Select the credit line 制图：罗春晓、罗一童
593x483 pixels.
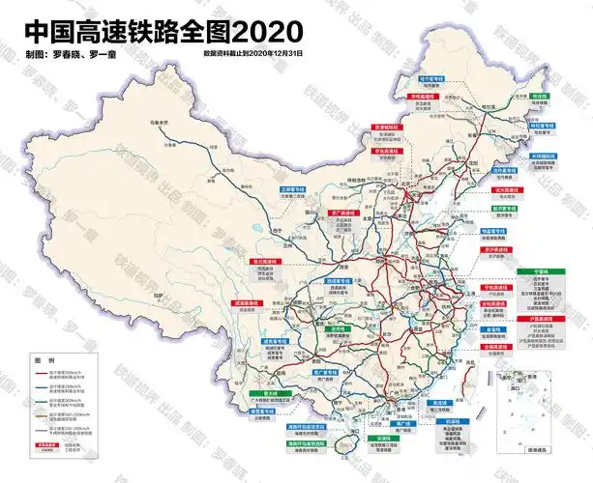click(68, 52)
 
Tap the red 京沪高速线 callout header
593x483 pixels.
click(495, 249)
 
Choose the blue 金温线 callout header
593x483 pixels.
click(494, 328)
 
